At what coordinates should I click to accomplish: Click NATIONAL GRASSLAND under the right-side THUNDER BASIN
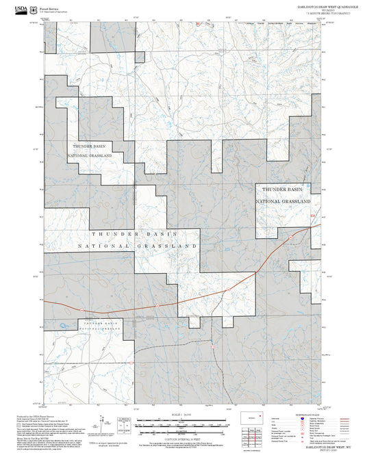click(x=284, y=202)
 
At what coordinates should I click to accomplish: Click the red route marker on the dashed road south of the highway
click(x=213, y=346)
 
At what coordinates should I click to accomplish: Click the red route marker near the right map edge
click(x=313, y=218)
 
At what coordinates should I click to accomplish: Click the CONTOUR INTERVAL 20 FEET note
click(x=183, y=439)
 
